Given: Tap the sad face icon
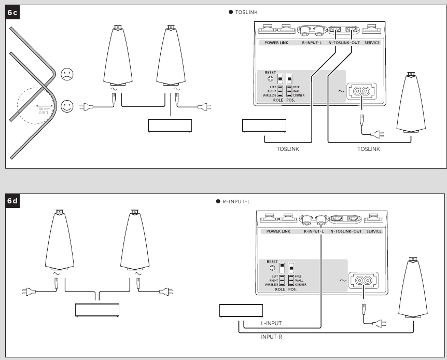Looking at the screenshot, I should point(67,74).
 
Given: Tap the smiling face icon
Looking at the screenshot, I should point(67,107).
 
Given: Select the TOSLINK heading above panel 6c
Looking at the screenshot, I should point(246,11).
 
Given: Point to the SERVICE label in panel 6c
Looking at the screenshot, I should point(372,42).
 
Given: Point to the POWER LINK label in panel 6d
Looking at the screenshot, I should point(278,231).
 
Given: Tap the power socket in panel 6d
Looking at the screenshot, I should point(362,281).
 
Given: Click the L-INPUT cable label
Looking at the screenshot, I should point(271,323).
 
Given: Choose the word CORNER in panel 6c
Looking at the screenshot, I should point(299,96).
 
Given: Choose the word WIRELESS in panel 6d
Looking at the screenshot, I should point(270,285).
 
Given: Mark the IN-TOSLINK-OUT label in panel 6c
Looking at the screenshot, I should point(344,42).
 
